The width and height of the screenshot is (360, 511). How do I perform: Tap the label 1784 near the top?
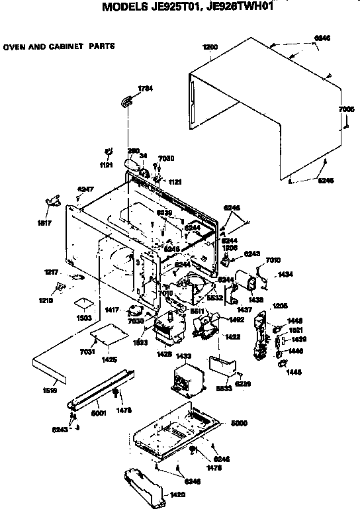[145, 89]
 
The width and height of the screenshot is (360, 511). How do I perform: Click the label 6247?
[85, 189]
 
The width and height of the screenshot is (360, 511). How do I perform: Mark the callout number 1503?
[83, 318]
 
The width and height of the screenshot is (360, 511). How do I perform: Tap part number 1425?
[109, 359]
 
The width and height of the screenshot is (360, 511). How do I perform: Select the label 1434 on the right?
[285, 273]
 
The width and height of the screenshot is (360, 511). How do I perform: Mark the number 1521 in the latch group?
[295, 330]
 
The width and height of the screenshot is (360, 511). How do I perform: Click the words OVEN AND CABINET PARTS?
[59, 47]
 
